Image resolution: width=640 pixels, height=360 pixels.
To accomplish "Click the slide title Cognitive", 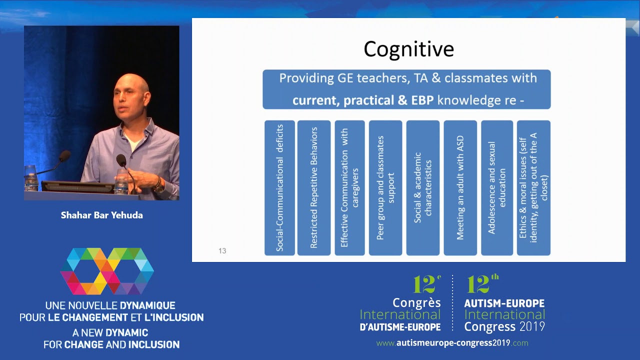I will [x=408, y=49].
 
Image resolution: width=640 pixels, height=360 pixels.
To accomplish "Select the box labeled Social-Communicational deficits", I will [x=279, y=188].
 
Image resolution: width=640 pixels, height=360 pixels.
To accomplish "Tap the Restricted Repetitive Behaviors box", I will [x=314, y=188].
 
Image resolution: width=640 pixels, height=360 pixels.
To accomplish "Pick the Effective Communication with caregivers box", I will [x=349, y=188].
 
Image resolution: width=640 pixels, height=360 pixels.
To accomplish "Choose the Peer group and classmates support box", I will [x=385, y=188].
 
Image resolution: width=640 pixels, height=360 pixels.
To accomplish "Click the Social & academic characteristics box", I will [x=422, y=188].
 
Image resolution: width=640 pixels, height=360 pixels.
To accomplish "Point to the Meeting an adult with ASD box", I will [x=460, y=188].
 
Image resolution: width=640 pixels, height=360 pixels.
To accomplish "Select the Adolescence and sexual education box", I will [x=497, y=188].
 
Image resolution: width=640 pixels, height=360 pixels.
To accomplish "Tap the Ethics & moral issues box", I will [x=533, y=188].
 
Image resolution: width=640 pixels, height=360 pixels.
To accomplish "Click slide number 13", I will [x=222, y=250].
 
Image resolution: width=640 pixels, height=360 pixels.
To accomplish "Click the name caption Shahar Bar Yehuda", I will [x=102, y=215].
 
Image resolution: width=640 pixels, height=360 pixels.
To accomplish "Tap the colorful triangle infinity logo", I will [x=107, y=271].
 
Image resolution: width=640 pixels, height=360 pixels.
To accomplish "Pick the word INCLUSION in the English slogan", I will [x=154, y=344].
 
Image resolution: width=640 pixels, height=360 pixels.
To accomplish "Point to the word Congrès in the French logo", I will [x=416, y=303].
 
